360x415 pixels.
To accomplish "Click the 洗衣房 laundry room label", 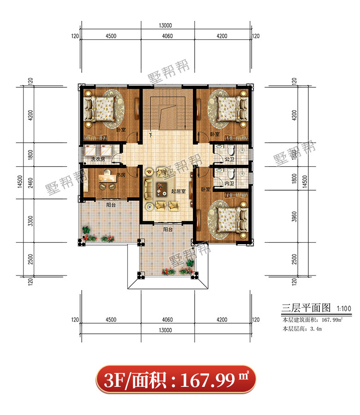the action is click(98, 159).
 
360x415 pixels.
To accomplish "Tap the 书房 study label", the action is click(121, 175).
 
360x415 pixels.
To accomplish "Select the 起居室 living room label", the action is click(178, 191).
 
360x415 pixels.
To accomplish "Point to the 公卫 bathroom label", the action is click(229, 159).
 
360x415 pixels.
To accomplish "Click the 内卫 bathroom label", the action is click(229, 183).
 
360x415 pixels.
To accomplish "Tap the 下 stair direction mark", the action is click(150, 135).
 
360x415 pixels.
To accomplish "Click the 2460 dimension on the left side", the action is click(31, 183).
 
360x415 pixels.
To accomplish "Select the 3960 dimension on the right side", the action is click(294, 217).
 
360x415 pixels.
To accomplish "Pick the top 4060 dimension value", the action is click(167, 36).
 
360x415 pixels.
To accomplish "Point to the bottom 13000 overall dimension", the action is click(165, 330).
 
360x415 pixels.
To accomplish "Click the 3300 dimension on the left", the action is click(31, 221).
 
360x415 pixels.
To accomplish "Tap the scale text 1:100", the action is click(344, 309).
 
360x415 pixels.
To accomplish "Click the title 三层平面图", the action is click(306, 308).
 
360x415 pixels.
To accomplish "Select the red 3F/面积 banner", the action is click(176, 379).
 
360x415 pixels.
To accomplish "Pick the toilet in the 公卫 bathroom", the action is click(231, 150).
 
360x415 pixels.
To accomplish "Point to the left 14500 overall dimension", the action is click(20, 181).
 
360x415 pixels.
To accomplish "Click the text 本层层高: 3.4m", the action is click(302, 329).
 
